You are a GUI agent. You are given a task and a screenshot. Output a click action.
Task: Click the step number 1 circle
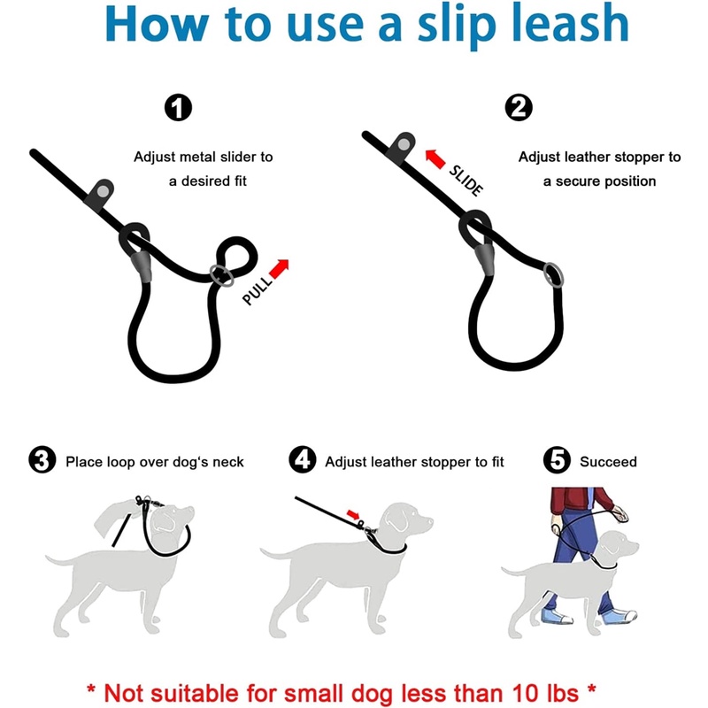(179, 107)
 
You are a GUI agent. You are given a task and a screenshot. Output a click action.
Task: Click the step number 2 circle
(519, 107)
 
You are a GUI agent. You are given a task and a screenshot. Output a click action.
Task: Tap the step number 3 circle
(42, 460)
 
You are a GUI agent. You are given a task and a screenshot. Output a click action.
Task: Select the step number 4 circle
(302, 460)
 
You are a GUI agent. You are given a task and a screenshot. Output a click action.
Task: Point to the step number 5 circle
(557, 460)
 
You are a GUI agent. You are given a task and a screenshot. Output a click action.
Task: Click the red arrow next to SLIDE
(435, 159)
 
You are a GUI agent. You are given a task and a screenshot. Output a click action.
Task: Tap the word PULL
(258, 290)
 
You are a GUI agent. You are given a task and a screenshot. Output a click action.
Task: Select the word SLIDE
(466, 181)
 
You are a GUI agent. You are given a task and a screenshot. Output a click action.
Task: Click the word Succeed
(608, 461)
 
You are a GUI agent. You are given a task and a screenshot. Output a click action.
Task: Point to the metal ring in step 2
(553, 274)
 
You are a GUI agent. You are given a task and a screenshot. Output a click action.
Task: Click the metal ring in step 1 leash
(222, 275)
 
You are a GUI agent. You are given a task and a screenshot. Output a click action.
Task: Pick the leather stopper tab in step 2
(401, 147)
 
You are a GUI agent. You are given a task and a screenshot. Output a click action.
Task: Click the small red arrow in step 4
(353, 515)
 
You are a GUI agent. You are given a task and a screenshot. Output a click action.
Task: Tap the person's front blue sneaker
(619, 615)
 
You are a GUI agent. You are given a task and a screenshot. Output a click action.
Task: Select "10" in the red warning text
(527, 692)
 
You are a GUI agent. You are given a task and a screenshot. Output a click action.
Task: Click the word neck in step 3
(228, 462)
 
